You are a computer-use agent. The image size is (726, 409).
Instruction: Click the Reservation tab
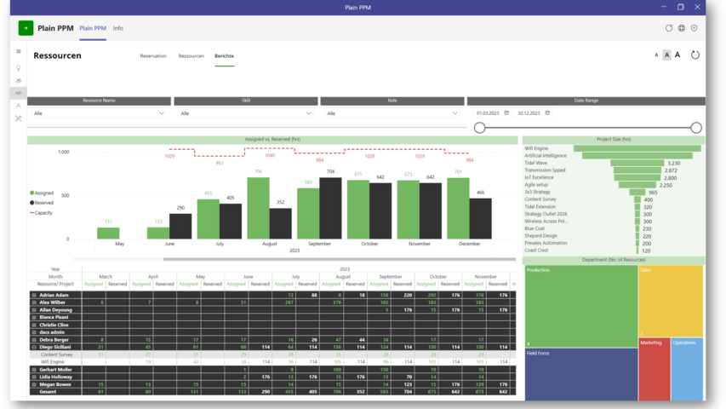click(153, 56)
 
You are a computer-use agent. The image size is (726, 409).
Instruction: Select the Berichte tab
click(224, 56)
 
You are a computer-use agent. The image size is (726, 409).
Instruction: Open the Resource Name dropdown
click(99, 113)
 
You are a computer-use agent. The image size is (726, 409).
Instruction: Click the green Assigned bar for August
click(258, 208)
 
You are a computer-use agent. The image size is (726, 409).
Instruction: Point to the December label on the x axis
click(469, 244)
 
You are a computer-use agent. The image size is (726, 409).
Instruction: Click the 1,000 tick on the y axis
click(64, 153)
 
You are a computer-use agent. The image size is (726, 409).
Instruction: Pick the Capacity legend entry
click(42, 213)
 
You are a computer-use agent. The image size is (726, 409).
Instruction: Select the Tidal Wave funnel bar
click(637, 163)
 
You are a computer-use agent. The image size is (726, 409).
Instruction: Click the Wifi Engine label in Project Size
click(537, 148)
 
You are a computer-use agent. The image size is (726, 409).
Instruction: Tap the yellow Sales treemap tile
click(671, 301)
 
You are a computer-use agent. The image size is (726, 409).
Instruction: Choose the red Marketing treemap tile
click(654, 369)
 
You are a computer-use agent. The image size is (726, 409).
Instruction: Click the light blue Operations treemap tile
click(687, 369)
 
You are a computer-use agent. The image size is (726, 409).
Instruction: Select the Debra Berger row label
click(54, 340)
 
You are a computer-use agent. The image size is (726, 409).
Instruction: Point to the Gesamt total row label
click(48, 392)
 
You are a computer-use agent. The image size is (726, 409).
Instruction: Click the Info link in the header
click(118, 28)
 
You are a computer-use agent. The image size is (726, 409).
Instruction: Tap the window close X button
click(698, 7)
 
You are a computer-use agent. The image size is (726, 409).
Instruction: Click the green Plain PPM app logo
click(26, 28)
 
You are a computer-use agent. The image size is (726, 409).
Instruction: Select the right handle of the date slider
click(696, 128)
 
